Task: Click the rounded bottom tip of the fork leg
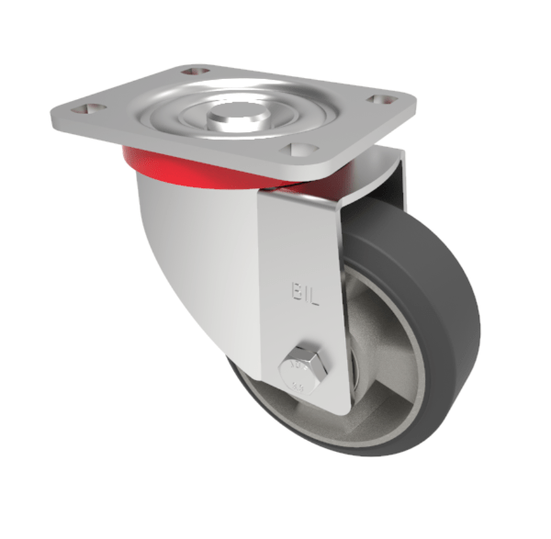tap(317, 404)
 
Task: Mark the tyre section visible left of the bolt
tap(253, 386)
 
